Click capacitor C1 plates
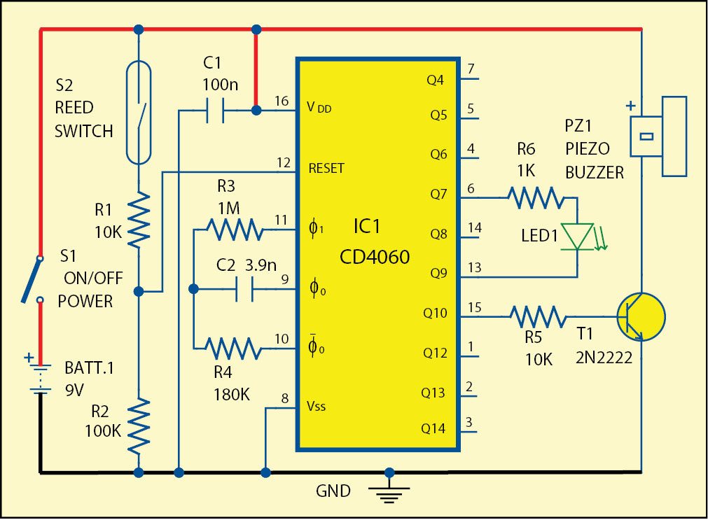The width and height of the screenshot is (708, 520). [214, 110]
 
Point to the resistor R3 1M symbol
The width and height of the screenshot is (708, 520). [234, 228]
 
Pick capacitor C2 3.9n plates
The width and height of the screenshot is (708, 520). [244, 288]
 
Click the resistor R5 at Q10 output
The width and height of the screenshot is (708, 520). [538, 316]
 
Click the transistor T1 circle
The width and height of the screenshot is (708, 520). [640, 316]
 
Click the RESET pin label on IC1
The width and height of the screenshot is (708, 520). [326, 169]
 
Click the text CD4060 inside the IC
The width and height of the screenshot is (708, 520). [375, 258]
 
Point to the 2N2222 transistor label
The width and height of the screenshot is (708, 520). [604, 358]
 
